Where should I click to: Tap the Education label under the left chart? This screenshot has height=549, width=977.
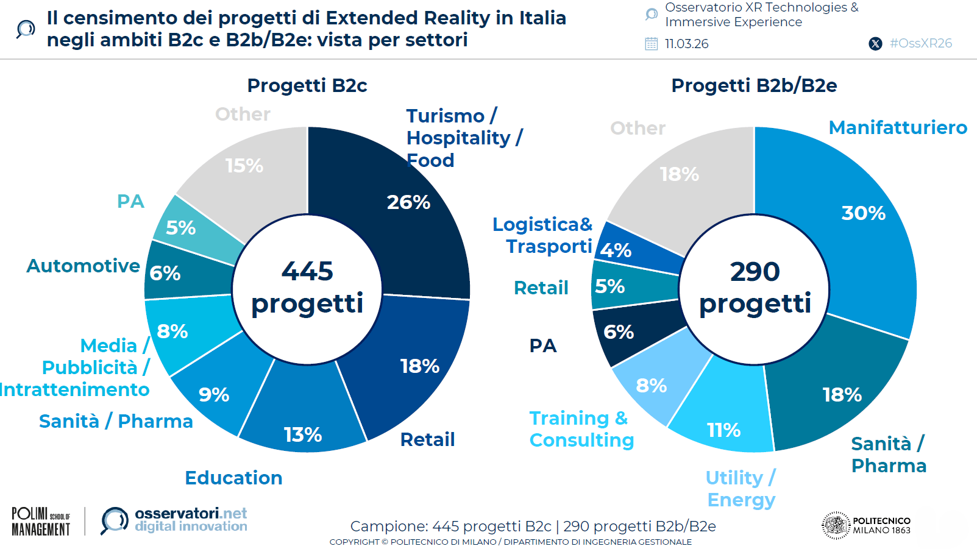(x=233, y=478)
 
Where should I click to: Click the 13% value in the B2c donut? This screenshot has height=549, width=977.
(x=303, y=434)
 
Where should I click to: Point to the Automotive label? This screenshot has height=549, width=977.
(x=83, y=266)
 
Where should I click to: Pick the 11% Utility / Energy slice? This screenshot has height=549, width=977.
(x=724, y=420)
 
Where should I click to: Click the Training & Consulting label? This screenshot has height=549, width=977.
(x=581, y=429)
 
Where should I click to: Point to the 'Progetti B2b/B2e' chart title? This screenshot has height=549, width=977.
(x=754, y=85)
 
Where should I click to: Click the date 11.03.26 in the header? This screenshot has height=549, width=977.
(x=686, y=44)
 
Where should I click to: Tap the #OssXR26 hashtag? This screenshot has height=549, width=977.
(x=920, y=43)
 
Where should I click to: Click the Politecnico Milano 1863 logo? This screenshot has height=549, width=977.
(x=866, y=525)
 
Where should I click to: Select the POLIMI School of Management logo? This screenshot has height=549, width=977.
(x=41, y=522)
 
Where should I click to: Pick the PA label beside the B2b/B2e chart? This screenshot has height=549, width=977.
(x=542, y=345)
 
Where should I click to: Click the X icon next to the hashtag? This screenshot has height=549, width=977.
(x=875, y=44)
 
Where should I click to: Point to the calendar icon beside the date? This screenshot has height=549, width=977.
(x=652, y=44)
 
